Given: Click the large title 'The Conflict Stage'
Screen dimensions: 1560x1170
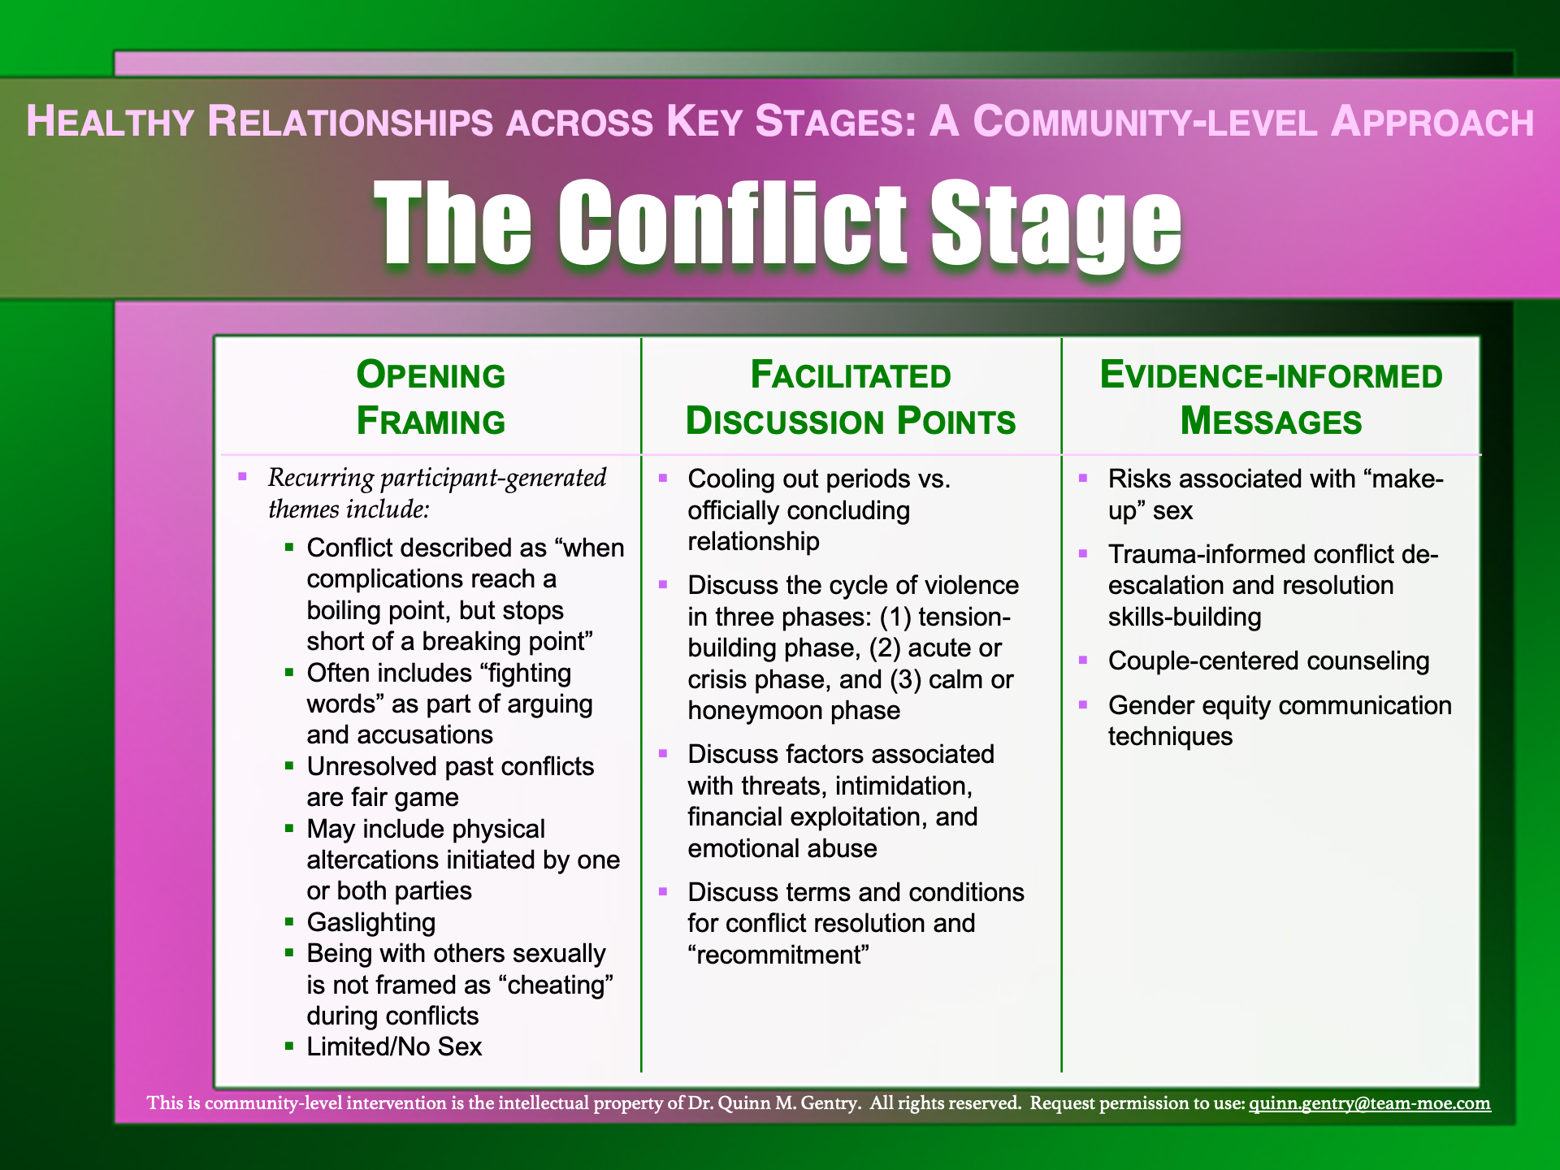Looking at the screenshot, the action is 778,223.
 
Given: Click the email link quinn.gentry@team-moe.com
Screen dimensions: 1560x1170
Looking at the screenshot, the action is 1369,1103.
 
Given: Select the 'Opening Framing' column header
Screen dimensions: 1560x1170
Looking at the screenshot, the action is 431,398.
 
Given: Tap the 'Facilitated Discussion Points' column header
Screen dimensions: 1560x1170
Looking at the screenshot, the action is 851,398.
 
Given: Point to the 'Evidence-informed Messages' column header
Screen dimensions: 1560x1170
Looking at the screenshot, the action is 1271,398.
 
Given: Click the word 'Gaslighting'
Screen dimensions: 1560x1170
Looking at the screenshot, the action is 371,922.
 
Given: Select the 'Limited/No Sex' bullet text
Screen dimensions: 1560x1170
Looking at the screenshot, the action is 394,1046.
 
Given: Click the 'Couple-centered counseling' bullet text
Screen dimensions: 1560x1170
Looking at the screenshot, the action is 1268,661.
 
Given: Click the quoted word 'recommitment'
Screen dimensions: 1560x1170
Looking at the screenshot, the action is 778,955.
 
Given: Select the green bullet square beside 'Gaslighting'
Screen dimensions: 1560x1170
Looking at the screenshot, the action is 289,922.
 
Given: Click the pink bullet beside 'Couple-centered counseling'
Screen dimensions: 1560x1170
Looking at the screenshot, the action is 1083,660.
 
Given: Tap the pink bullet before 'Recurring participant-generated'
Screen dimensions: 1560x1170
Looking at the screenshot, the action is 242,477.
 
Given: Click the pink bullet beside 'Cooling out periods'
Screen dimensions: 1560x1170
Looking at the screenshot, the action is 663,478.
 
